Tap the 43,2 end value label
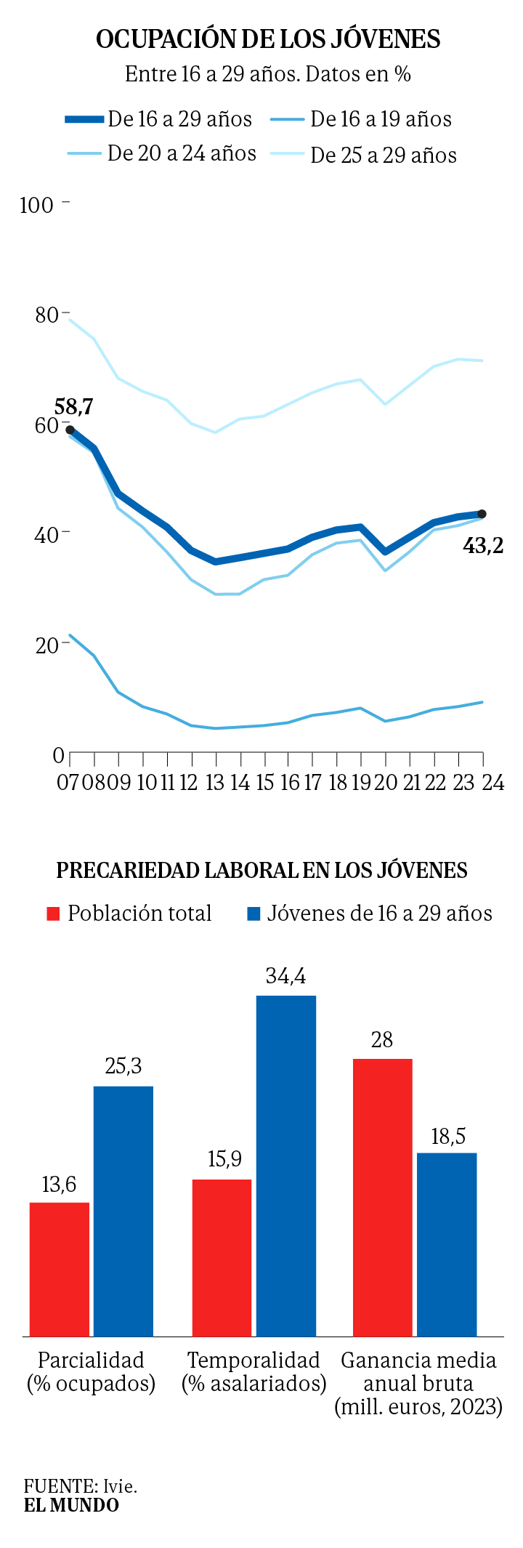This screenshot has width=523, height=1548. click(483, 545)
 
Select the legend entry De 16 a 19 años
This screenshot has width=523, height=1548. click(381, 119)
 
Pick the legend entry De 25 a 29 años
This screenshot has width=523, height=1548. click(384, 155)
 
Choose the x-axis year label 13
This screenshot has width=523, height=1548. click(215, 782)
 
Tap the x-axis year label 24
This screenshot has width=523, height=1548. click(492, 782)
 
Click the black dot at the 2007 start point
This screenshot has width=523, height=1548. click(70, 430)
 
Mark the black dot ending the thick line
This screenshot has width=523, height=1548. click(482, 514)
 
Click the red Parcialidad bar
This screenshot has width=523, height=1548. click(60, 1269)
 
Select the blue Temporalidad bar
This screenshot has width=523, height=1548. click(286, 1166)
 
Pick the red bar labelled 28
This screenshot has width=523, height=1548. click(382, 1197)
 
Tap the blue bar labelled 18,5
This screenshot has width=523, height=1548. click(447, 1244)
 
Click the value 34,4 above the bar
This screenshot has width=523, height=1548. click(285, 976)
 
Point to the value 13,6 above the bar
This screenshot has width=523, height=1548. click(59, 1185)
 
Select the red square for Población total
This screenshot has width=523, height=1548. click(53, 914)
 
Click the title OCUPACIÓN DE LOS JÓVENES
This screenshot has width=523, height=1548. click(268, 39)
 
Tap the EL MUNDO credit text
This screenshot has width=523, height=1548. click(71, 1504)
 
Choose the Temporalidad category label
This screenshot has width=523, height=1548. click(254, 1360)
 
